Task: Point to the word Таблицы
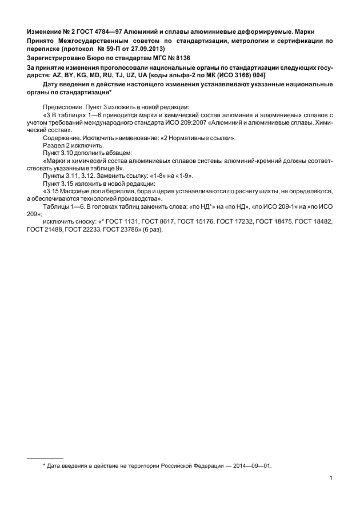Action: pyautogui.click(x=56, y=208)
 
